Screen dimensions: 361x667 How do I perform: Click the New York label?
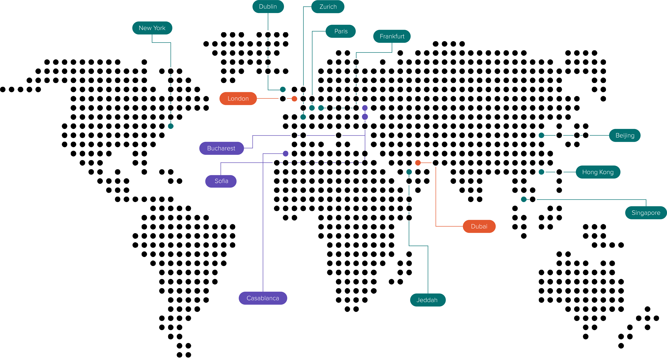tap(152, 28)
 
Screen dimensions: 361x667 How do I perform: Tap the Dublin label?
tap(268, 6)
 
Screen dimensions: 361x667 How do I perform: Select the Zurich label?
tap(328, 7)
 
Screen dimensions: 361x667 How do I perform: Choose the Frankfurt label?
tap(392, 36)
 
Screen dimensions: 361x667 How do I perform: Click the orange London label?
tap(238, 99)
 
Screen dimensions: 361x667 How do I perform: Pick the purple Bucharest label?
tap(221, 148)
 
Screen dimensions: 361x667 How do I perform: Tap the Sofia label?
tap(221, 181)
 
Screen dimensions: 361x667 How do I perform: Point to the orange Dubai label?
tap(479, 226)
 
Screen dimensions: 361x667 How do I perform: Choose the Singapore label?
tap(646, 213)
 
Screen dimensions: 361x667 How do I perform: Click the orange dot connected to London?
tap(294, 99)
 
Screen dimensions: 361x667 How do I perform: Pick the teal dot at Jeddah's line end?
tap(409, 172)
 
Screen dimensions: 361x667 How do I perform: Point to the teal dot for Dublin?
tap(283, 90)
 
